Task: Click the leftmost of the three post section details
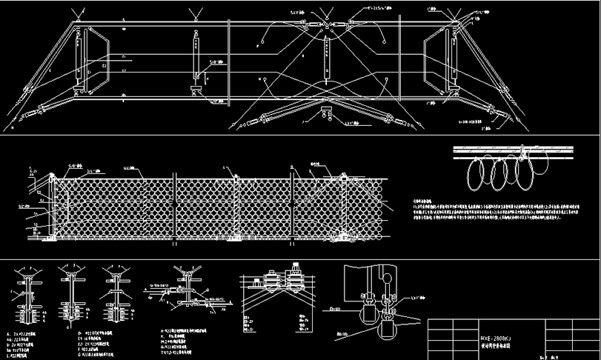coord(27,296)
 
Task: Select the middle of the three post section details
coord(73,296)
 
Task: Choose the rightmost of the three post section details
coord(116,296)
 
